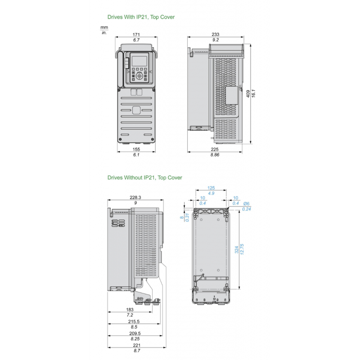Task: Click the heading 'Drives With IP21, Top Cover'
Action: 141,17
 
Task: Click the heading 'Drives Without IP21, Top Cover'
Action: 144,178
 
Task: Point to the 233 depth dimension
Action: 216,34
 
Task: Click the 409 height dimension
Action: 248,94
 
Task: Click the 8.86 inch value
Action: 216,154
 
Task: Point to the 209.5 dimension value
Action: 135,333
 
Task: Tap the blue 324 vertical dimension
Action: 237,250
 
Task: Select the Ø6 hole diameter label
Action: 246,203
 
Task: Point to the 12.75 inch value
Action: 243,250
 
